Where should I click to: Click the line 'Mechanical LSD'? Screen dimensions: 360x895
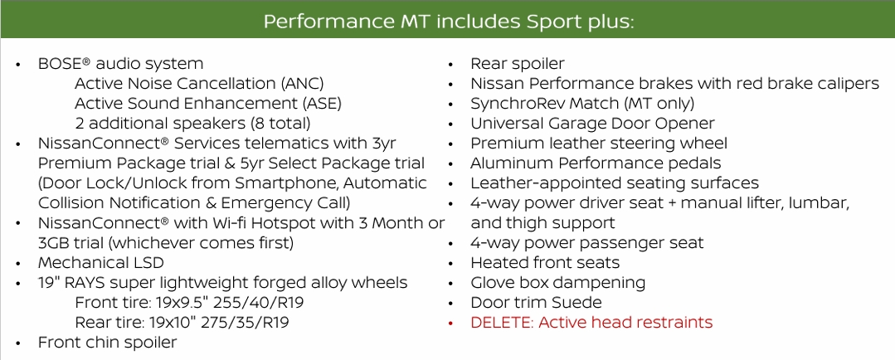pyautogui.click(x=95, y=263)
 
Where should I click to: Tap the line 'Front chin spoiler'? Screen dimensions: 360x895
pyautogui.click(x=107, y=343)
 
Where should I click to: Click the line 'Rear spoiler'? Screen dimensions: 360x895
pyautogui.click(x=518, y=64)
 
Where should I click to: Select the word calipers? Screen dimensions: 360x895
pyautogui.click(x=848, y=84)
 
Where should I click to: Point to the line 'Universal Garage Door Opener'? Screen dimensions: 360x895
pyautogui.click(x=592, y=124)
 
